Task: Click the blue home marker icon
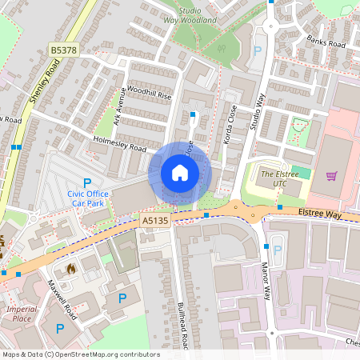(180, 173)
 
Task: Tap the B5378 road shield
(64, 50)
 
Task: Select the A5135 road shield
(154, 219)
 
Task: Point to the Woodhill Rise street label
(144, 95)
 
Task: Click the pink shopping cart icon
(331, 175)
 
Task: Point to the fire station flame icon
(71, 269)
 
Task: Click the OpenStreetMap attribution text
(81, 354)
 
